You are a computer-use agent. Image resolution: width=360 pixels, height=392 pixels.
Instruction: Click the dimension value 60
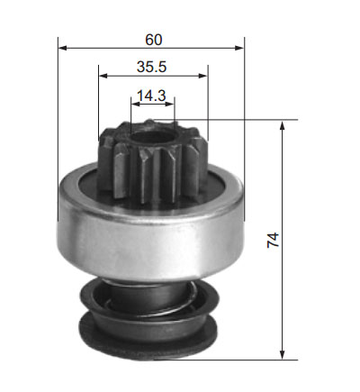pos(154,40)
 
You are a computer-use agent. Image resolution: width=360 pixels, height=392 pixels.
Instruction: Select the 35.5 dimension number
pos(151,67)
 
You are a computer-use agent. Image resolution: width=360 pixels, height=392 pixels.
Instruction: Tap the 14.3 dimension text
pos(151,96)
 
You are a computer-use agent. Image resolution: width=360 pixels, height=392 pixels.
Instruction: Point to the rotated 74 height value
pos(273,240)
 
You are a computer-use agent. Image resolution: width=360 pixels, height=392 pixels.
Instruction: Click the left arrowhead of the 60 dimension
pos(63,48)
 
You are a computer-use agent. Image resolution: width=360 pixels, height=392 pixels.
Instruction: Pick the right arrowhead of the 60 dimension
pos(239,48)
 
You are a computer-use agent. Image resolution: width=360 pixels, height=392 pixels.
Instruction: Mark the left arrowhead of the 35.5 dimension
pos(103,76)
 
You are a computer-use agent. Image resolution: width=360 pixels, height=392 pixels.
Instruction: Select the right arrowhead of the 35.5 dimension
pos(203,76)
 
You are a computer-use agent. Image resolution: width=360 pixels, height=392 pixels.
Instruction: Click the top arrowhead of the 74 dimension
pos(282,125)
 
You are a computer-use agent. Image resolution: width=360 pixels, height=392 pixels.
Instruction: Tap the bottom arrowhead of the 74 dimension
pos(282,355)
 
